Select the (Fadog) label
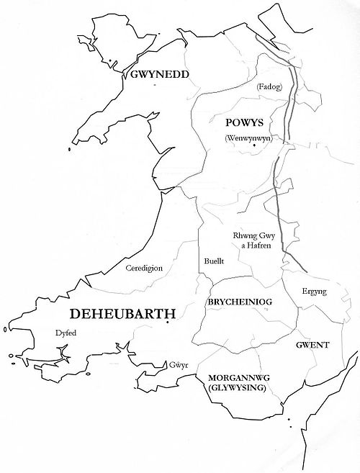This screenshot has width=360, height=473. (x=267, y=88)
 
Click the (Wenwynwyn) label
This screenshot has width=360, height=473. (x=246, y=138)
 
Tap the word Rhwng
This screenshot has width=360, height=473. (x=244, y=235)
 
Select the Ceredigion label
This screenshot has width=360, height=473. (x=144, y=268)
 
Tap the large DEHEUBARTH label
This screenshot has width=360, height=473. (x=122, y=314)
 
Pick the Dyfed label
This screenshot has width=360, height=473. (x=65, y=333)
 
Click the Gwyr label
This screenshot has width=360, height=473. (x=179, y=364)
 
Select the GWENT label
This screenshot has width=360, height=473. (x=312, y=345)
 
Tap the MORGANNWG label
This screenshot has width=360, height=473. (x=235, y=378)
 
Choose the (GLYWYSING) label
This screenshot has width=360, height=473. (x=235, y=388)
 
